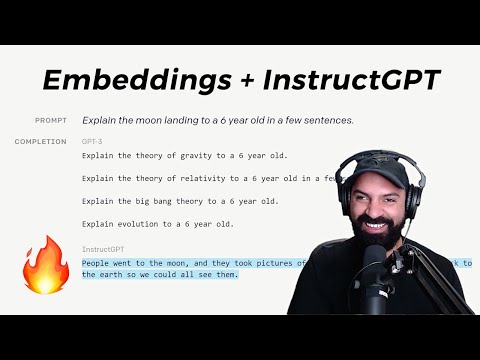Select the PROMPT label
pyautogui.click(x=51, y=120)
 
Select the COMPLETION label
pyautogui.click(x=41, y=142)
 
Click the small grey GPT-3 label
pyautogui.click(x=92, y=142)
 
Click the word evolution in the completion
pyautogui.click(x=135, y=223)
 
